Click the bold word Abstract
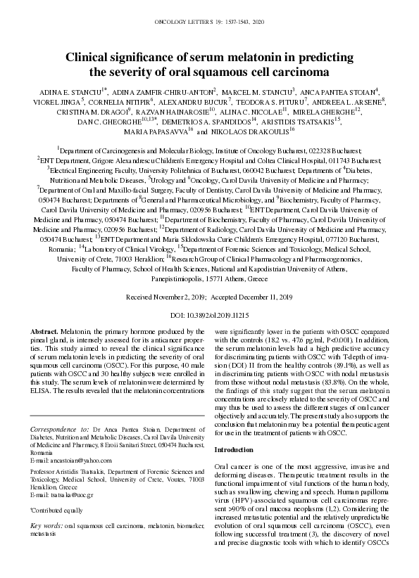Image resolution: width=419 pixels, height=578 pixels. [45, 330]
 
